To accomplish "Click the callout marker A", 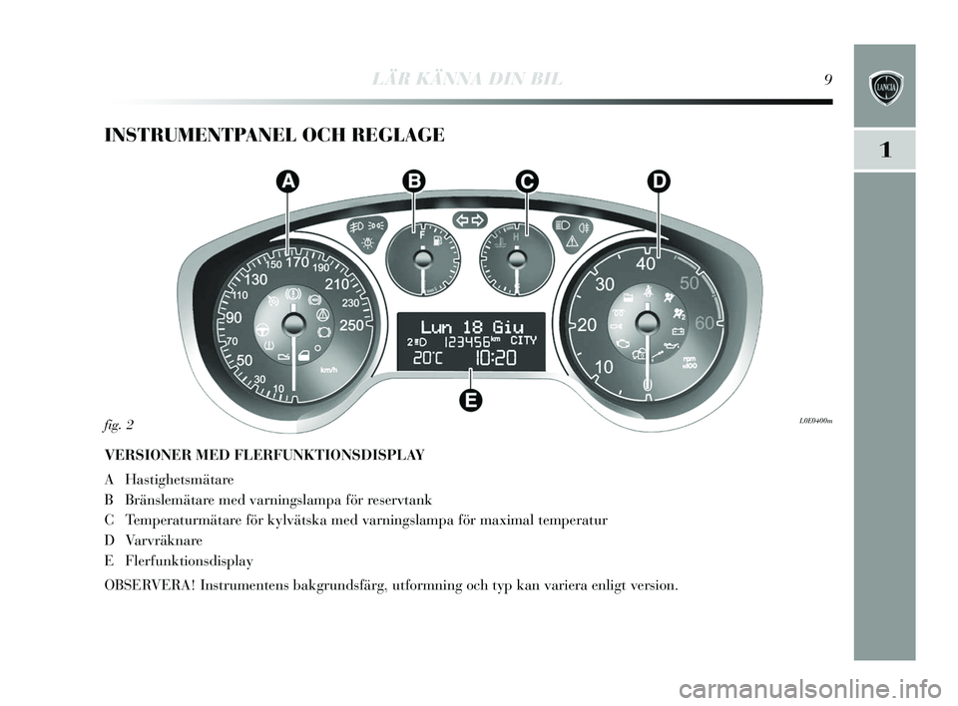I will pyautogui.click(x=287, y=180).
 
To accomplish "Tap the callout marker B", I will pyautogui.click(x=413, y=180).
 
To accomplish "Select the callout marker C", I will pyautogui.click(x=527, y=180).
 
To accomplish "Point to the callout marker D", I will pyautogui.click(x=658, y=180).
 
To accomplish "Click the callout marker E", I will pyautogui.click(x=471, y=400).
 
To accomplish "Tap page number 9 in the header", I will pyautogui.click(x=829, y=80).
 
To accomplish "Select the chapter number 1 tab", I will pyautogui.click(x=884, y=150).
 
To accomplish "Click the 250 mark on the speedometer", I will pyautogui.click(x=352, y=323).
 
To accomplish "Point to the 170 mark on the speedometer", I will pyautogui.click(x=297, y=264).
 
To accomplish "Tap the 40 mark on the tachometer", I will pyautogui.click(x=647, y=264).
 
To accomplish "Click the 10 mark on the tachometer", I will pyautogui.click(x=603, y=367).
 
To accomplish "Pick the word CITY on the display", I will pyautogui.click(x=523, y=340).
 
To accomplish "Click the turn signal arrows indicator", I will pyautogui.click(x=469, y=219).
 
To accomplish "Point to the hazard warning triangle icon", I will pyautogui.click(x=573, y=241).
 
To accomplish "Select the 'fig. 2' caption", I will pyautogui.click(x=120, y=424).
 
